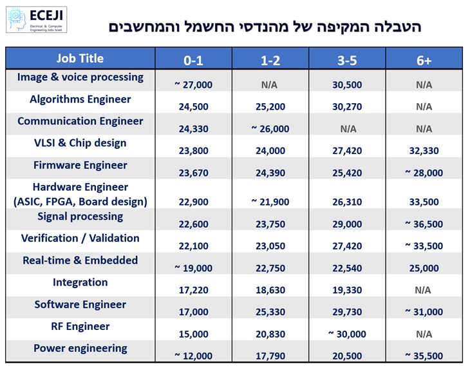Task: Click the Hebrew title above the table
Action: (264, 27)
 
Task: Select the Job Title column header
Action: (80, 58)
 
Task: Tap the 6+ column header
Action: (424, 61)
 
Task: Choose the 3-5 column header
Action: (347, 61)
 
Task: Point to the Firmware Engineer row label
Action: (80, 165)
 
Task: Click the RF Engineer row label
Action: (80, 326)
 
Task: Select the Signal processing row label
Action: (80, 216)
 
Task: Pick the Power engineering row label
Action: (80, 348)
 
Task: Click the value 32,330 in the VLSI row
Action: (424, 151)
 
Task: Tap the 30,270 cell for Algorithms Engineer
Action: (347, 107)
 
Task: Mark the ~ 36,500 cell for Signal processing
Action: (424, 224)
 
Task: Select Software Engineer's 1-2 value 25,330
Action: (270, 312)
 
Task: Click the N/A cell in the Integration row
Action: (424, 290)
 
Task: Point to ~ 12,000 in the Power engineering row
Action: (193, 356)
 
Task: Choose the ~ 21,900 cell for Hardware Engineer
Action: (270, 202)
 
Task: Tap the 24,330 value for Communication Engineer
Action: (193, 129)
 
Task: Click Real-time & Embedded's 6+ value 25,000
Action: (424, 268)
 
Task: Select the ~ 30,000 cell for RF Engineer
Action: (347, 334)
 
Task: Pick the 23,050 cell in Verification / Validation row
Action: (270, 246)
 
